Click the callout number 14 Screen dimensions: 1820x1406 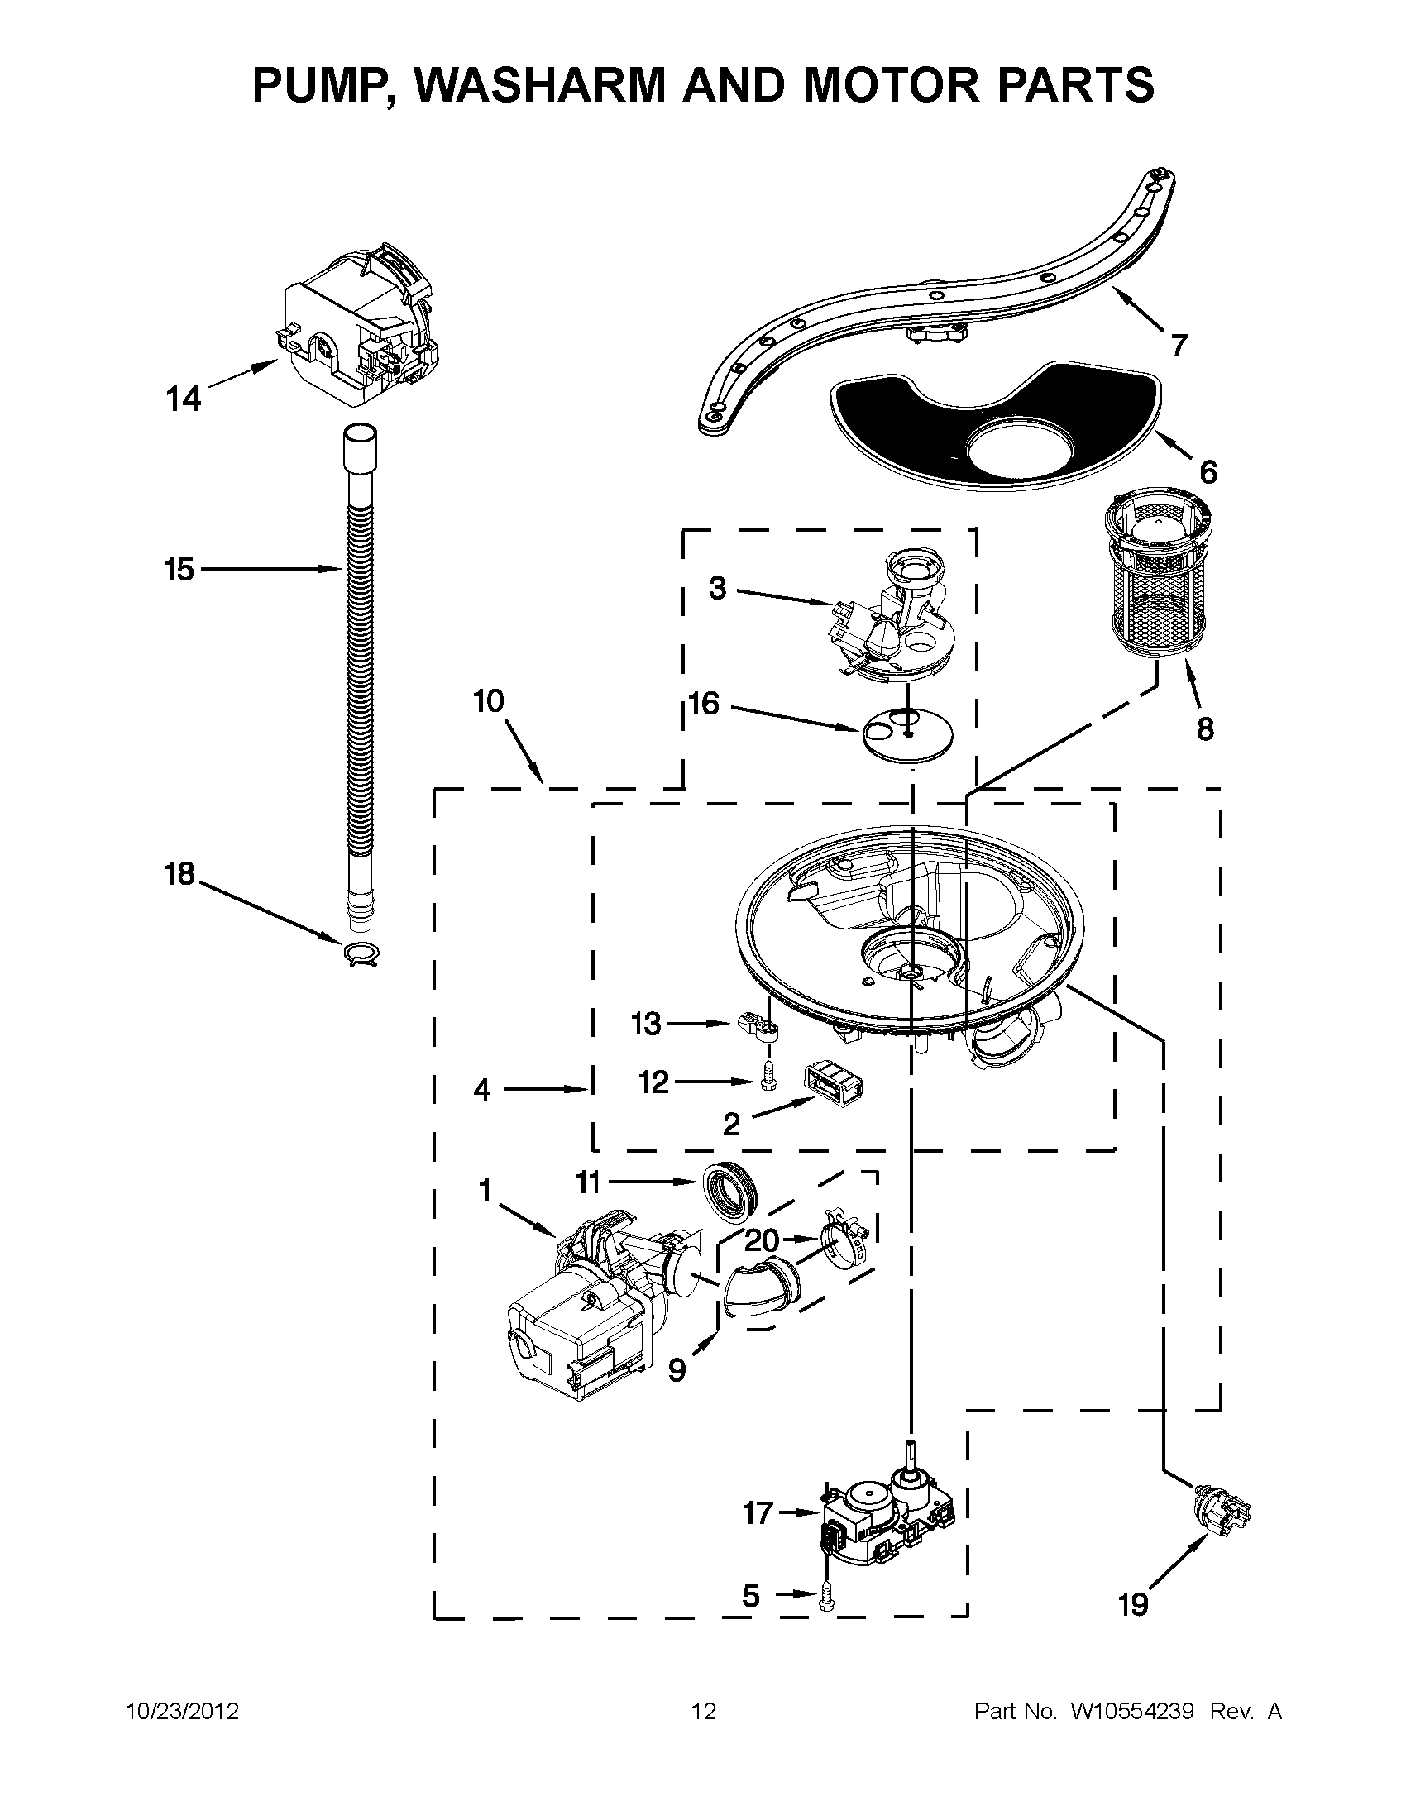[x=184, y=399]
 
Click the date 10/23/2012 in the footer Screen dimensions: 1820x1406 [x=182, y=1712]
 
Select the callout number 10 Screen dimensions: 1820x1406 [x=489, y=702]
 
